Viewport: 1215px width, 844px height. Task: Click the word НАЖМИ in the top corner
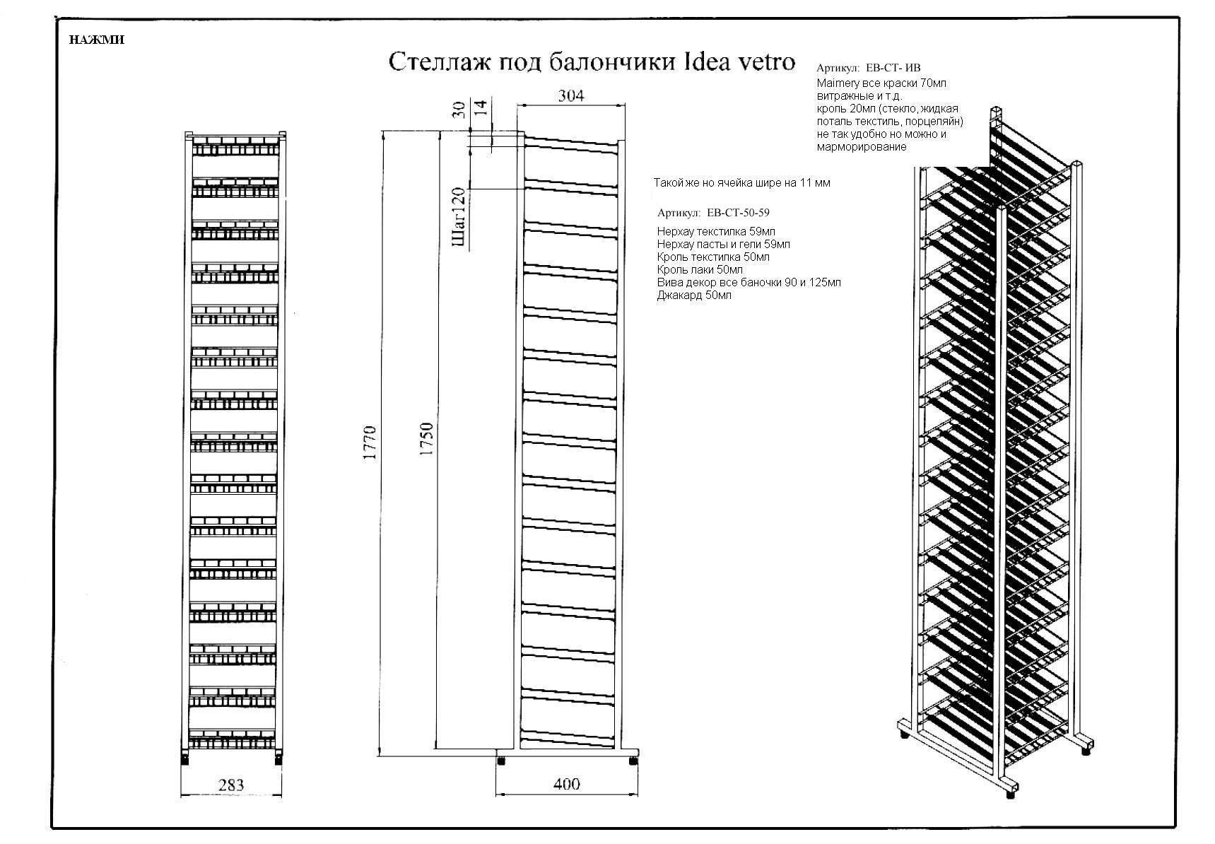(97, 40)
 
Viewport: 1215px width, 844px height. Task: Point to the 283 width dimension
(231, 785)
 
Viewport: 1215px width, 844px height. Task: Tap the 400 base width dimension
(567, 784)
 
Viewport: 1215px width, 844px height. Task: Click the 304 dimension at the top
(571, 96)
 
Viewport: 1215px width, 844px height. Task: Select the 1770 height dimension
(370, 443)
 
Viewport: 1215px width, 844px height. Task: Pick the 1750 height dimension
(426, 438)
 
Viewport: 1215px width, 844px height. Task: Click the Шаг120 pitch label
(459, 218)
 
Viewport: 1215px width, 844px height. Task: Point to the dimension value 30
(459, 109)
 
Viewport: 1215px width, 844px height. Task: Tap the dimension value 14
(481, 108)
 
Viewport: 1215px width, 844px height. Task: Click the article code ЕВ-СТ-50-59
(738, 213)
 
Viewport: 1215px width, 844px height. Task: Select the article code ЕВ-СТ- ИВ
(893, 69)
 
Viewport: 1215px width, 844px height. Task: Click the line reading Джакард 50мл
(694, 295)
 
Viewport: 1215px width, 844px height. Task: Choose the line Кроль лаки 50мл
(700, 270)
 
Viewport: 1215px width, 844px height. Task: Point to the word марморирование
(861, 147)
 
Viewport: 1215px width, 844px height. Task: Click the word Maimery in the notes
(838, 83)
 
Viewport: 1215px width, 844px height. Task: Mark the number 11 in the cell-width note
(805, 183)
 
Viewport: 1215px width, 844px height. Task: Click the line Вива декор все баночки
(749, 283)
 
